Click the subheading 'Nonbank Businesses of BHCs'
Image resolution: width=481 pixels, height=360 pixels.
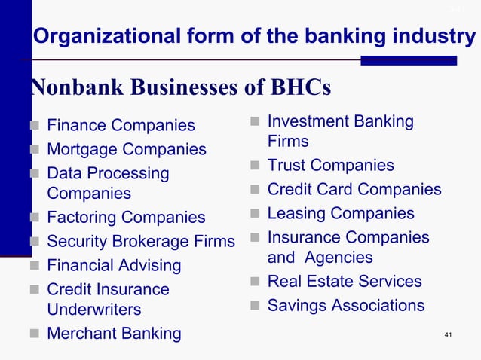click(x=181, y=88)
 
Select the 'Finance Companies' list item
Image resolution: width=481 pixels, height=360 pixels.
click(x=121, y=125)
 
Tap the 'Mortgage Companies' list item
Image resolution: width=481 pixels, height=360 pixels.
click(x=127, y=149)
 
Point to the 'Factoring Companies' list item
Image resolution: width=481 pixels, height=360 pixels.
click(x=126, y=218)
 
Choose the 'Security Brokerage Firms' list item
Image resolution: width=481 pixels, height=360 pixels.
click(x=141, y=242)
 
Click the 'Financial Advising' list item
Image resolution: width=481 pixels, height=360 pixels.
click(x=114, y=266)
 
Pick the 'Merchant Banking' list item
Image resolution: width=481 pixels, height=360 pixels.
click(x=114, y=334)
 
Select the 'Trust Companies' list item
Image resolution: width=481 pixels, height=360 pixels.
click(x=331, y=166)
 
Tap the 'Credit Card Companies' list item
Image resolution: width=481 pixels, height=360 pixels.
click(x=354, y=190)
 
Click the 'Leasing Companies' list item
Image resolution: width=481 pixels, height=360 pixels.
click(x=341, y=214)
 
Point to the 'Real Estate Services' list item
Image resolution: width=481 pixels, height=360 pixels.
click(x=345, y=282)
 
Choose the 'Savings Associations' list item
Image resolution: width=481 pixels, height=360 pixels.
click(x=346, y=306)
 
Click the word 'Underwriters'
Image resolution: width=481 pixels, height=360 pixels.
click(x=93, y=310)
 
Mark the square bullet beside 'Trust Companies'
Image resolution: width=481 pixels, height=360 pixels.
click(x=256, y=166)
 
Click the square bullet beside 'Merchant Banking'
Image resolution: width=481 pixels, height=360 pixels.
click(x=35, y=334)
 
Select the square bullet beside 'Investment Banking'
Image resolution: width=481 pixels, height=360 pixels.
click(x=256, y=122)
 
